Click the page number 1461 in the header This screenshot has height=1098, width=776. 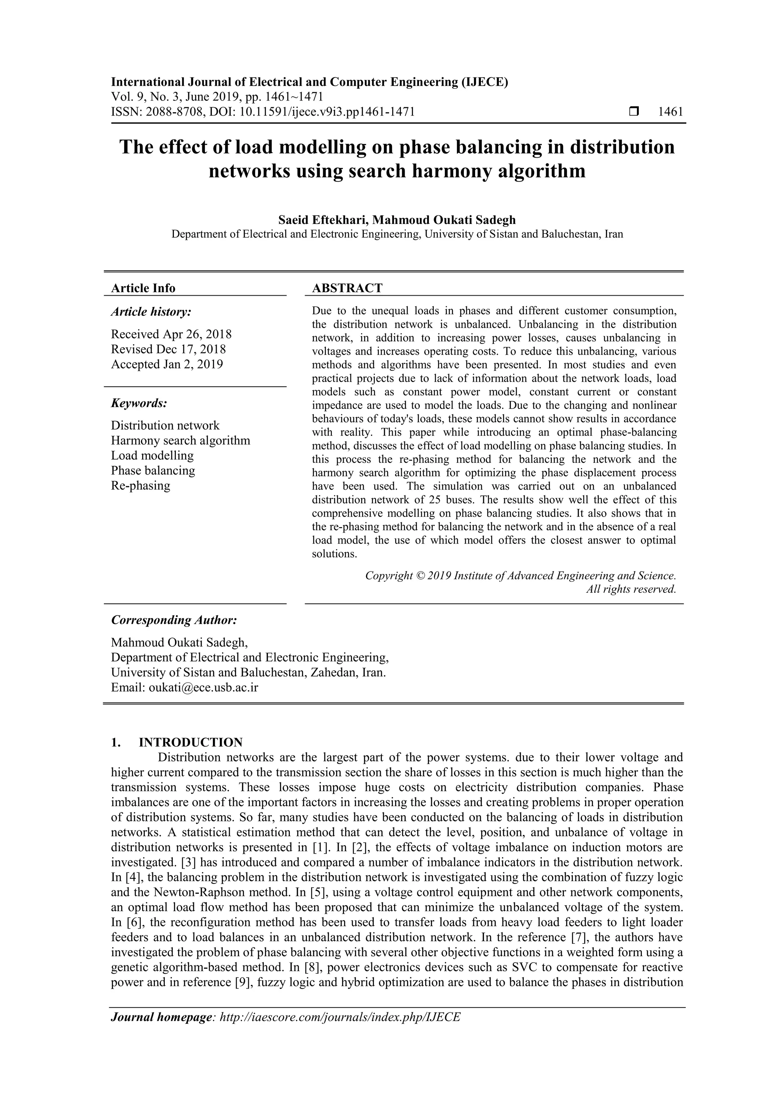670,112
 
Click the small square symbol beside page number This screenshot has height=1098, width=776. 634,112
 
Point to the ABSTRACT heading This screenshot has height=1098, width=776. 347,288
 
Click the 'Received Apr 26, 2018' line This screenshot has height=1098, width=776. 171,334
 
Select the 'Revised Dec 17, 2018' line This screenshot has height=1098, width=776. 168,349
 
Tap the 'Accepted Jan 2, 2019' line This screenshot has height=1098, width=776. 167,364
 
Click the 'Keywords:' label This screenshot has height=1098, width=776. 139,403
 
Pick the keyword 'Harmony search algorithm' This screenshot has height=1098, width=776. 180,440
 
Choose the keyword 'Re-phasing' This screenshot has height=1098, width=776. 141,486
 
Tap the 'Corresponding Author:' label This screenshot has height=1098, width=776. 174,620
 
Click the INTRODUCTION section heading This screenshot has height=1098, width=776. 190,742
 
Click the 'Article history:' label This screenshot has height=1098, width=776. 151,312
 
